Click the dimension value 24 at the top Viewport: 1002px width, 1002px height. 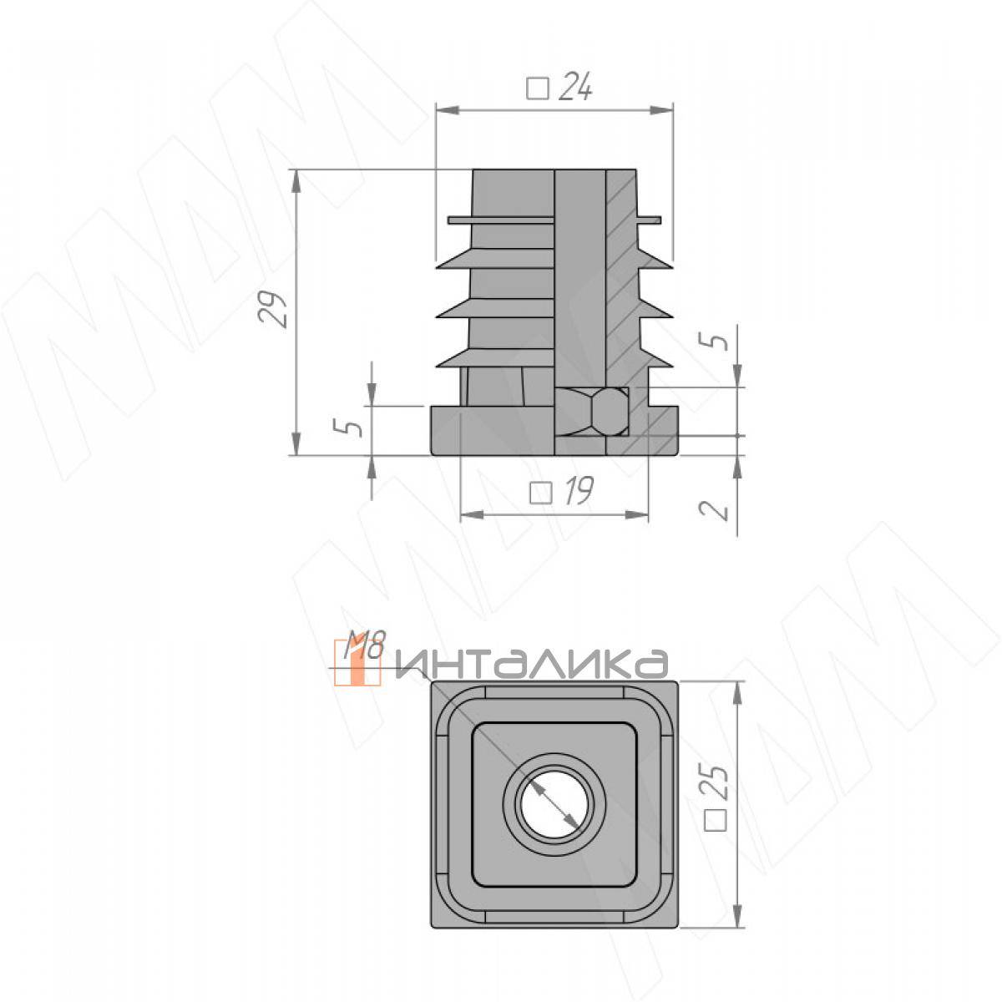pos(575,88)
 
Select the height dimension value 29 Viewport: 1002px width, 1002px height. pos(273,310)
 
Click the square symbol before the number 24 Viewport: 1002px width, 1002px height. pos(537,89)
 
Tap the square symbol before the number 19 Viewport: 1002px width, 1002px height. pos(540,493)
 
